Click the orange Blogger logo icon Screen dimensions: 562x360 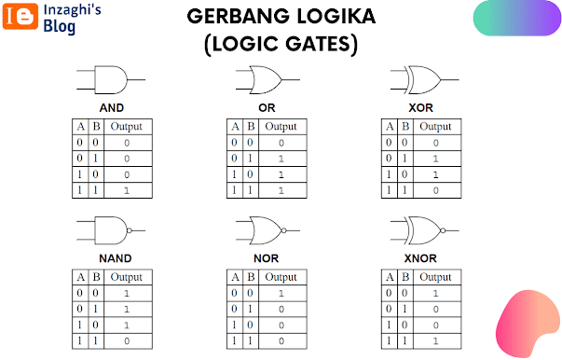pos(21,16)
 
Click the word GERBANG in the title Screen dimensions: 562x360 pos(239,17)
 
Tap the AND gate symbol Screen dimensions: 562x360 pos(111,79)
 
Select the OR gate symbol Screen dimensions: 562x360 pos(267,79)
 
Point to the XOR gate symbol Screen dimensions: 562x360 pos(424,79)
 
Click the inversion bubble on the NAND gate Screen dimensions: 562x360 pos(130,230)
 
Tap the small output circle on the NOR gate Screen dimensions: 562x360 pos(284,230)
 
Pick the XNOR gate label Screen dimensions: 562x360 pos(420,258)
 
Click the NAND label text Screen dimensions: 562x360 pos(116,258)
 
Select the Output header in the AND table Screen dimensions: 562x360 pos(126,127)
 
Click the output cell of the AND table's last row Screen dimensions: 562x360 pos(128,190)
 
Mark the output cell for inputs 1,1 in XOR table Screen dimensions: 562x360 pos(437,190)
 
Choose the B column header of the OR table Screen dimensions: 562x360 pos(251,127)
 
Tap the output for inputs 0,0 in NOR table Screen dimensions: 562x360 pos(282,293)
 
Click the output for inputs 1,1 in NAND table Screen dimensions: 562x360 pos(128,341)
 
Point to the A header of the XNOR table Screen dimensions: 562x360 pos(390,277)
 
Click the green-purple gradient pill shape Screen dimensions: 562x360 pos(517,18)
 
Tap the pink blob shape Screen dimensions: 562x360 pos(526,324)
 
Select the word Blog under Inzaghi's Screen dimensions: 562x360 pos(59,26)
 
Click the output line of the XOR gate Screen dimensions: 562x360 pos(450,79)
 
